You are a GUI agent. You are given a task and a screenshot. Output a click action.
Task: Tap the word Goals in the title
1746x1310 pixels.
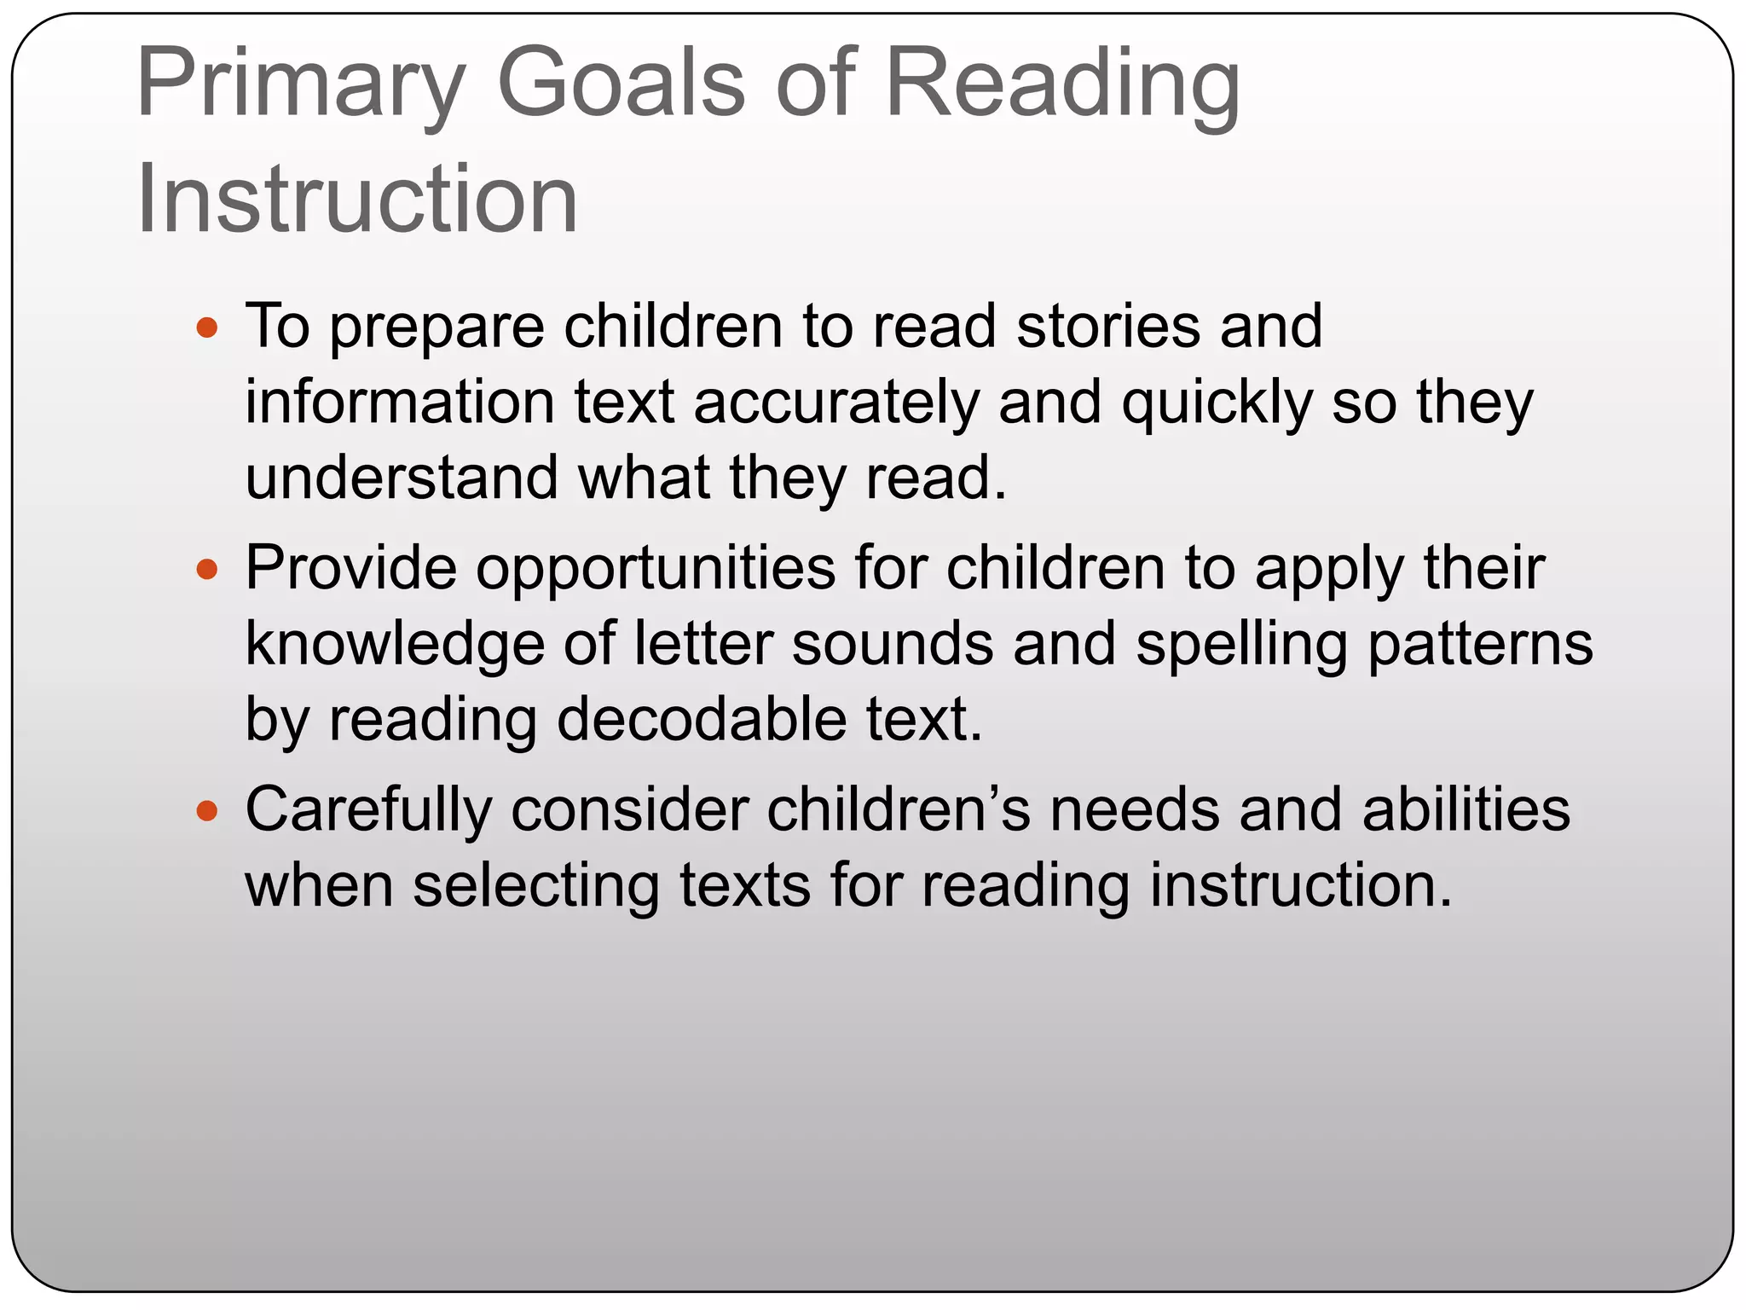click(x=622, y=84)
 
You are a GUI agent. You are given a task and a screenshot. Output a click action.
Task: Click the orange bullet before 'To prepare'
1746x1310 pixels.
click(x=207, y=327)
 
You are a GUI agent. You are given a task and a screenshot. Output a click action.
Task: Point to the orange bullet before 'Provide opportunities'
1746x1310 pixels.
click(x=207, y=569)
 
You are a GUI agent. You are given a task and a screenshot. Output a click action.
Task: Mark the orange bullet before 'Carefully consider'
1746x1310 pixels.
click(x=207, y=810)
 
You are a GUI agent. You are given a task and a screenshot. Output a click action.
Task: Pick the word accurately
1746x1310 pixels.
click(x=836, y=402)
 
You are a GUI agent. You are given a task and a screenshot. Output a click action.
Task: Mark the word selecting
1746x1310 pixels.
click(x=536, y=885)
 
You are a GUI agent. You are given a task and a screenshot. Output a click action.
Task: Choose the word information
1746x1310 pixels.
click(x=400, y=402)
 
